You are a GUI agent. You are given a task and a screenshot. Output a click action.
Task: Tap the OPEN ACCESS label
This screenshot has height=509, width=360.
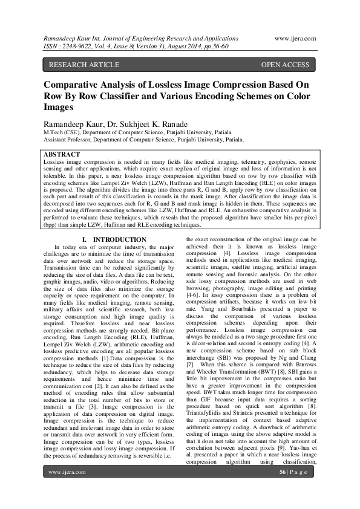pyautogui.click(x=285, y=64)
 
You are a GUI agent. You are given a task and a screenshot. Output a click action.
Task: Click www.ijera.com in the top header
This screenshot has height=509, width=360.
pyautogui.click(x=299, y=37)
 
